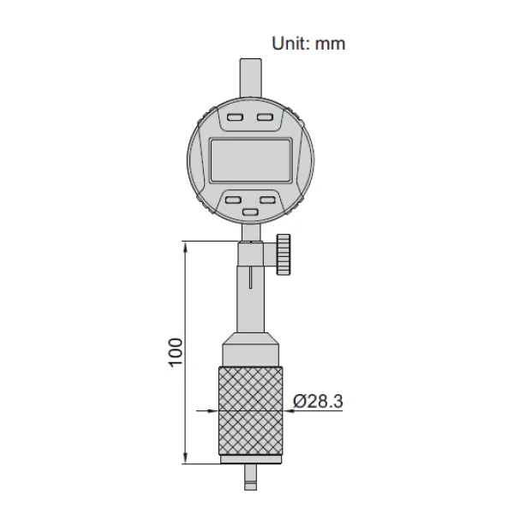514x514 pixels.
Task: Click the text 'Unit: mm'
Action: [308, 44]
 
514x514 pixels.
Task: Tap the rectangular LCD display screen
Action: [251, 159]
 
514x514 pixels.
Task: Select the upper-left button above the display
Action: [235, 117]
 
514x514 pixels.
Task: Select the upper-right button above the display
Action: [265, 117]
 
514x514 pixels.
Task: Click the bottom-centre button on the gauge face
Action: [250, 212]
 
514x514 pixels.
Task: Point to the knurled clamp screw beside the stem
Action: [284, 254]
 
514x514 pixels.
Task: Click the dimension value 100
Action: [176, 353]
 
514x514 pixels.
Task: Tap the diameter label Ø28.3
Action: [318, 401]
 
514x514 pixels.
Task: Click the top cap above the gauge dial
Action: [251, 77]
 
